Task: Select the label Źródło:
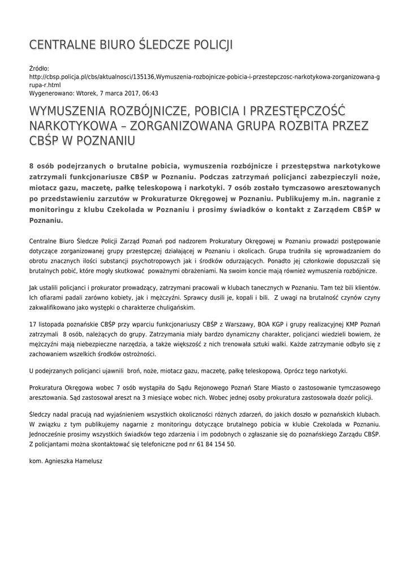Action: pyautogui.click(x=39, y=68)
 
